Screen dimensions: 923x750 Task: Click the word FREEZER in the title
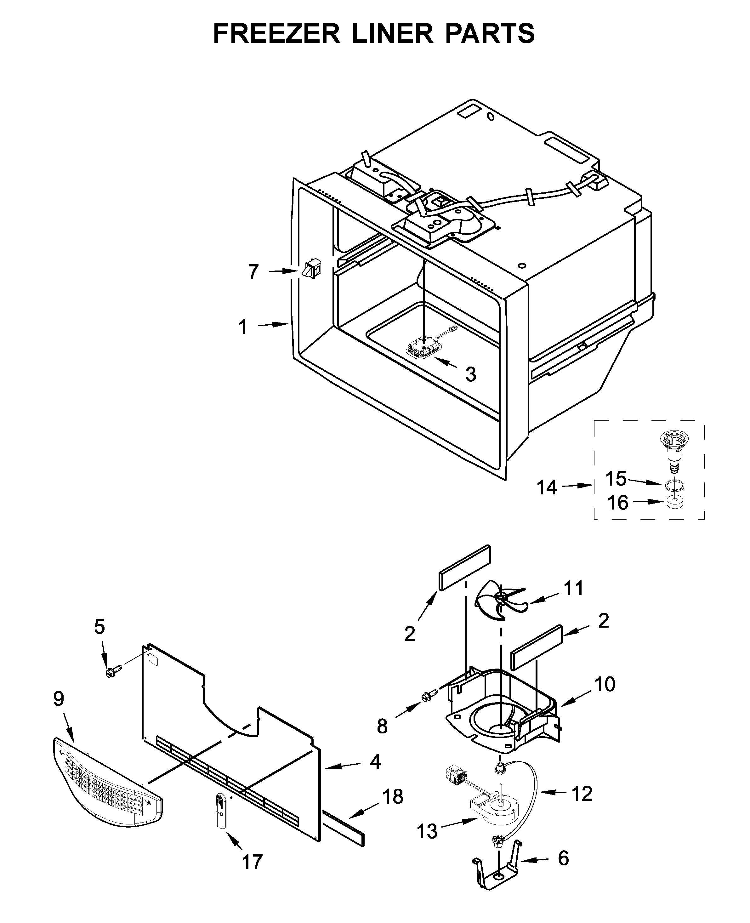(276, 34)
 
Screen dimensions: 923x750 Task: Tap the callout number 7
(253, 272)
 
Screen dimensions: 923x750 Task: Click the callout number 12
(582, 793)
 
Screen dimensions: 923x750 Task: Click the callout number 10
(605, 684)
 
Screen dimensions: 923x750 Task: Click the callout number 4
(375, 761)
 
